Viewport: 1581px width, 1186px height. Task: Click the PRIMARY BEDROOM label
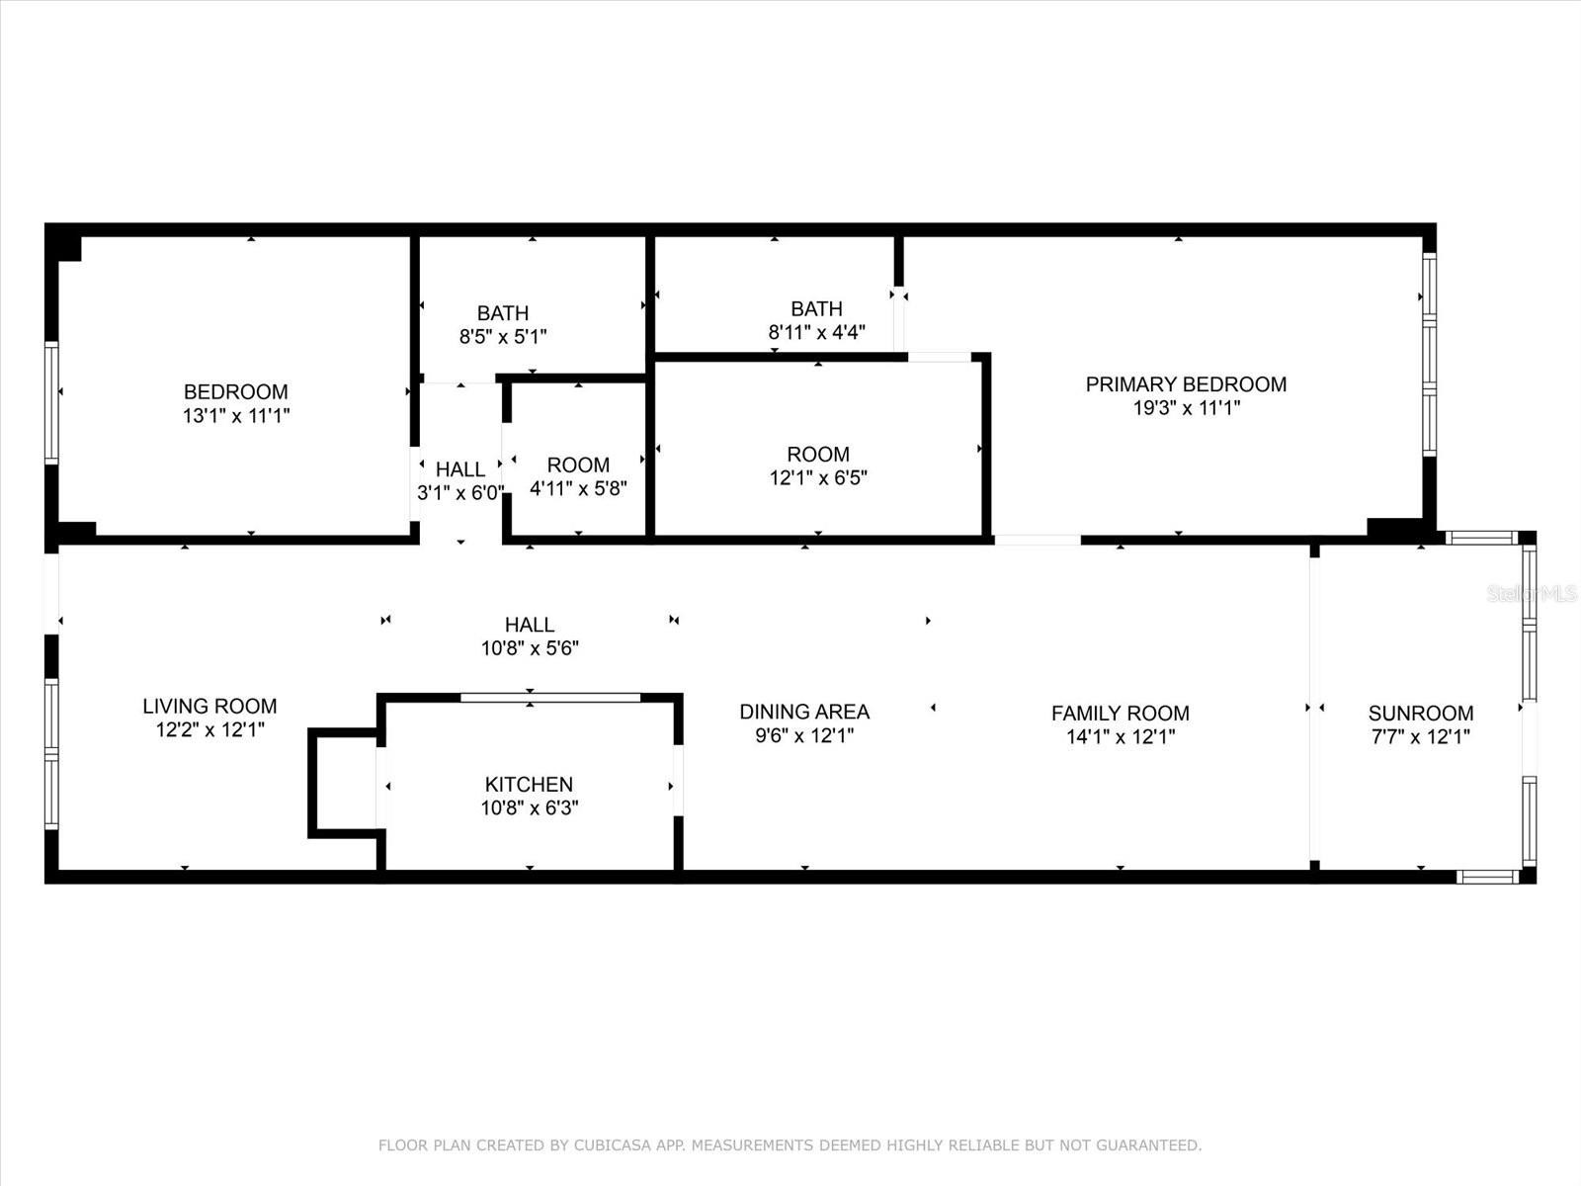[x=1186, y=383]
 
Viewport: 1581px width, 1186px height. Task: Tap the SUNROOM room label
[x=1420, y=713]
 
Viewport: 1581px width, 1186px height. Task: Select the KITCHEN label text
[x=529, y=784]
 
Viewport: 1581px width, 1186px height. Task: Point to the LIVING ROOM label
[x=209, y=706]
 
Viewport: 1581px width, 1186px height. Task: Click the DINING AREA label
[x=804, y=712]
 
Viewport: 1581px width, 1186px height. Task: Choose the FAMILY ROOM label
[x=1120, y=713]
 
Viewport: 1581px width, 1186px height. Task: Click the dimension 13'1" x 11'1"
[x=236, y=415]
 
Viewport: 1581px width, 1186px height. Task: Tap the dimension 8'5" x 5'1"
[x=503, y=336]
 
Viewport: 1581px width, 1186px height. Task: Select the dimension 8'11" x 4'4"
[x=817, y=332]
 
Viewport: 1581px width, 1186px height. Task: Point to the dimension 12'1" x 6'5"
[x=818, y=477]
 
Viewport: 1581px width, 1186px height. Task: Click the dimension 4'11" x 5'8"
[x=578, y=488]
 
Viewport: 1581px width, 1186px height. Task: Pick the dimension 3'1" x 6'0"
[x=460, y=492]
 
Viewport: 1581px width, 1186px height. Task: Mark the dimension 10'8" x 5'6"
[x=530, y=648]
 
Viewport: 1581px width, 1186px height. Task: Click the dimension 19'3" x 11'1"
[x=1187, y=407]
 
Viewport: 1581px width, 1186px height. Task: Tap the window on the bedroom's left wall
[x=51, y=403]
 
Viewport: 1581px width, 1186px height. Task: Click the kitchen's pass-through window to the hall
[x=550, y=697]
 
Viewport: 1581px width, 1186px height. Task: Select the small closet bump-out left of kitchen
[x=343, y=784]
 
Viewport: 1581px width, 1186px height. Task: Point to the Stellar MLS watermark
[x=1532, y=593]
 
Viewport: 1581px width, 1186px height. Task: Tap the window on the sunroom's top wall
[x=1481, y=538]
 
